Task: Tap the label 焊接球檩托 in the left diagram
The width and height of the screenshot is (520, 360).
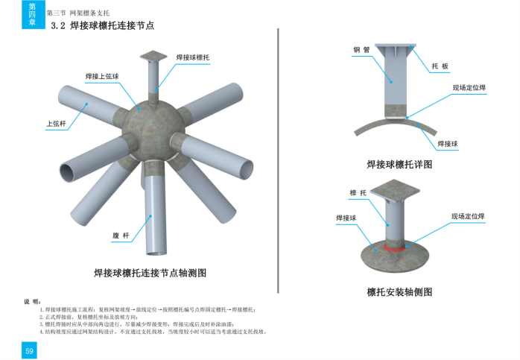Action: click(x=193, y=57)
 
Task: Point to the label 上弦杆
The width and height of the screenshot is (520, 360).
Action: click(x=57, y=124)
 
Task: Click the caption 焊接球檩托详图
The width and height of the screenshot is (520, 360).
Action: click(x=399, y=164)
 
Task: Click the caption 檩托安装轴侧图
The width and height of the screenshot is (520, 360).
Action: click(x=399, y=291)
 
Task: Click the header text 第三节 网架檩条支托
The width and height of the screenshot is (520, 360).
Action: click(x=78, y=13)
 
